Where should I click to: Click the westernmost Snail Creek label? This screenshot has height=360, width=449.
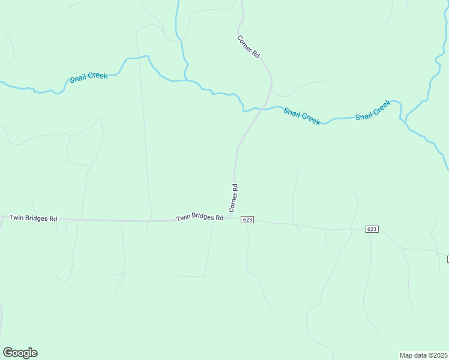tap(89, 77)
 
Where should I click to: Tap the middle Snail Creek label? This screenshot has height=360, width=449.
tap(301, 116)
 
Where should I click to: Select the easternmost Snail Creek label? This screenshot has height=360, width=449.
tap(373, 110)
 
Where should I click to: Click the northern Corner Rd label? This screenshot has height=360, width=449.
tap(248, 47)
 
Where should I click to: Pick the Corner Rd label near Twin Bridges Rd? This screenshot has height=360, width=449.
tap(234, 198)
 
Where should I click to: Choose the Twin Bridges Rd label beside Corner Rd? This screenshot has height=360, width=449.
tap(199, 218)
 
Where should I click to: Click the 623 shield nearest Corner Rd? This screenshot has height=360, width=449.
tap(247, 220)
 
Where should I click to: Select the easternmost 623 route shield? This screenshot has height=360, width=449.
tap(372, 229)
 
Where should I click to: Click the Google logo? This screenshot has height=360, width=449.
tap(20, 353)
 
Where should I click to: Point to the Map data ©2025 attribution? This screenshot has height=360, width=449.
tap(423, 355)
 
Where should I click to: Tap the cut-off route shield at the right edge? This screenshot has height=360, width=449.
tap(447, 259)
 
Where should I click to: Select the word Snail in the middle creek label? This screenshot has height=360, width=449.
tap(292, 112)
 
